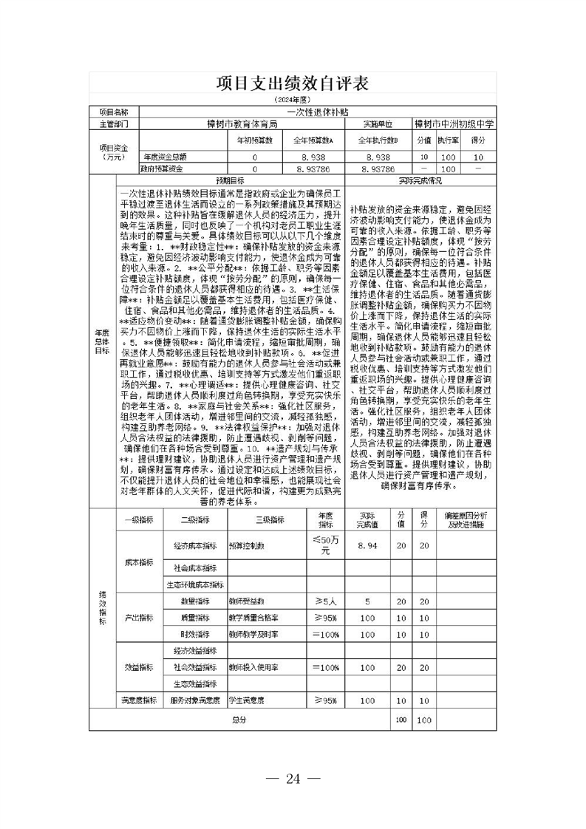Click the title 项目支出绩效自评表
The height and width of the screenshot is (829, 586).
(x=292, y=83)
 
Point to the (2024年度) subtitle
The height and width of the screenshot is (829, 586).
(x=292, y=100)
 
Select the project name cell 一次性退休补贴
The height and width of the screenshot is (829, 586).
(x=318, y=112)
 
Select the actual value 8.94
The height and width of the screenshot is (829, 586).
(x=367, y=545)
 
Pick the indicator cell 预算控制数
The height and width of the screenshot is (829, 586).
(x=247, y=546)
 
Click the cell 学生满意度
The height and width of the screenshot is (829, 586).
(x=247, y=700)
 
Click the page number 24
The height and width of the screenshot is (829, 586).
(x=293, y=778)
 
